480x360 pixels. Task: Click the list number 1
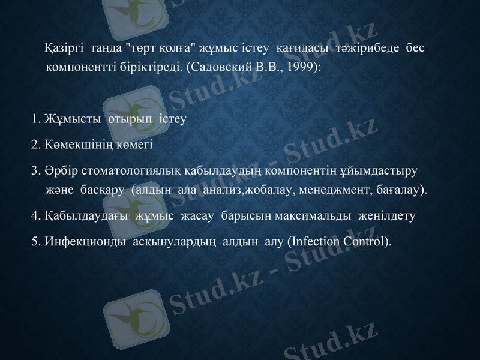36,118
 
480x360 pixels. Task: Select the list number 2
35,144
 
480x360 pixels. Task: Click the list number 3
35,170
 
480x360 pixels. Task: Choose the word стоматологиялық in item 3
124,170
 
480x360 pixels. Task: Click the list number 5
35,242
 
